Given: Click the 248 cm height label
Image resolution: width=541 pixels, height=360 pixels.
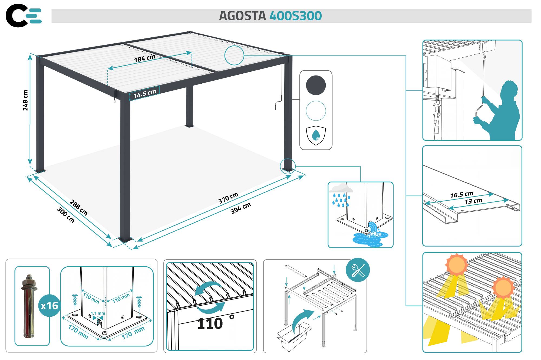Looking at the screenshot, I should pyautogui.click(x=25, y=100).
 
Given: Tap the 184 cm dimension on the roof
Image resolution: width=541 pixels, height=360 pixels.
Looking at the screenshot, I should pyautogui.click(x=144, y=58).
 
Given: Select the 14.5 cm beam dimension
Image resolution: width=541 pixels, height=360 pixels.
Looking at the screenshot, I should pyautogui.click(x=145, y=93).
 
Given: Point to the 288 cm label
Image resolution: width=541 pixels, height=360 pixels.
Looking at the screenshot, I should pyautogui.click(x=79, y=208).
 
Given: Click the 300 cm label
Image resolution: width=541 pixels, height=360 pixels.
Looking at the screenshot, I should pyautogui.click(x=66, y=215).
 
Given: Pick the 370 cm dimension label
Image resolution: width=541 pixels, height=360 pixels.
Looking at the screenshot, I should pyautogui.click(x=228, y=198).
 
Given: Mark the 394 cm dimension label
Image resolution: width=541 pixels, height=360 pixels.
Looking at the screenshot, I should pyautogui.click(x=240, y=208).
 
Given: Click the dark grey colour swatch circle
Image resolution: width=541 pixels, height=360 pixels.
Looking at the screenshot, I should pyautogui.click(x=316, y=85).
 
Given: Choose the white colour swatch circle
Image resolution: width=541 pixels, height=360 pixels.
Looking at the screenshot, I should pyautogui.click(x=316, y=111).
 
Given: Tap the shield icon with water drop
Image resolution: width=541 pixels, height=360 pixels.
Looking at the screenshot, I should pyautogui.click(x=316, y=135).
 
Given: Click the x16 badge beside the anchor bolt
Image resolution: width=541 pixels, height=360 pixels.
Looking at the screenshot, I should pyautogui.click(x=49, y=306).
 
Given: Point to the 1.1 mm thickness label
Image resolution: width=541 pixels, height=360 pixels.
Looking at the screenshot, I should pyautogui.click(x=98, y=313).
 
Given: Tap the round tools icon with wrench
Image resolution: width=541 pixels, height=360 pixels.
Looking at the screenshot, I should pyautogui.click(x=358, y=270).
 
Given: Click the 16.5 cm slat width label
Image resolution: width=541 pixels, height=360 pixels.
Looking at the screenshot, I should pyautogui.click(x=461, y=195).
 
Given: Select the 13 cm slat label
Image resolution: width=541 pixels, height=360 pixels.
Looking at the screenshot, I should pyautogui.click(x=473, y=201).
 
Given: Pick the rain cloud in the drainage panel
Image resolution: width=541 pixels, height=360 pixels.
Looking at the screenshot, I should pyautogui.click(x=341, y=188).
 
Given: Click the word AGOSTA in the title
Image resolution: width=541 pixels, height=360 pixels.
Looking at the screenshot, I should pyautogui.click(x=242, y=16).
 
